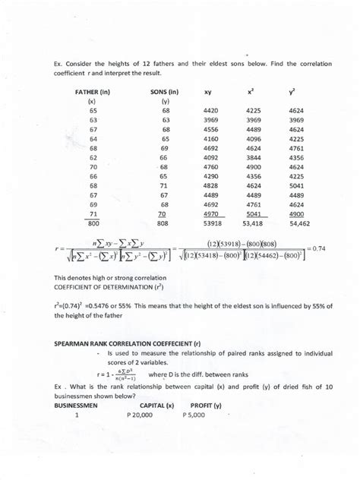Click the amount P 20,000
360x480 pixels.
click(143, 416)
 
